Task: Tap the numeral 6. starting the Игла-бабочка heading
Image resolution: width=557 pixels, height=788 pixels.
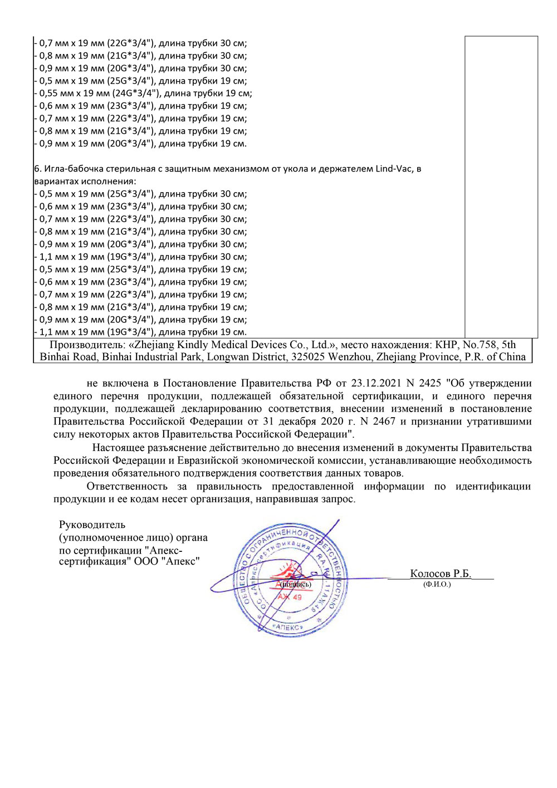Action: [x=38, y=169]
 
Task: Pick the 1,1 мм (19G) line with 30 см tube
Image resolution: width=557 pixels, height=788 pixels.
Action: [x=142, y=257]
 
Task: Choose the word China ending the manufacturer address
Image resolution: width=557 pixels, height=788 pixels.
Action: [x=512, y=357]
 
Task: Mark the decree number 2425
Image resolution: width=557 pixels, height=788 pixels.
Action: [x=429, y=383]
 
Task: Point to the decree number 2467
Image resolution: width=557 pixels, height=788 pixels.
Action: [x=384, y=422]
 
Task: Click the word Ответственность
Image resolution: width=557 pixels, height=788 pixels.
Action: [x=127, y=486]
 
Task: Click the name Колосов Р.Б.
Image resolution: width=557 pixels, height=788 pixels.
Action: [x=441, y=574]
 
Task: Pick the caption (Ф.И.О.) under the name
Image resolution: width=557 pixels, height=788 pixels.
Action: [x=437, y=584]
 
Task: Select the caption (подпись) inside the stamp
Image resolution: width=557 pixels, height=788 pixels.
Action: [x=296, y=584]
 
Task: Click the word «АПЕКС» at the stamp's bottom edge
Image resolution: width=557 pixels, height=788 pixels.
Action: [x=288, y=627]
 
